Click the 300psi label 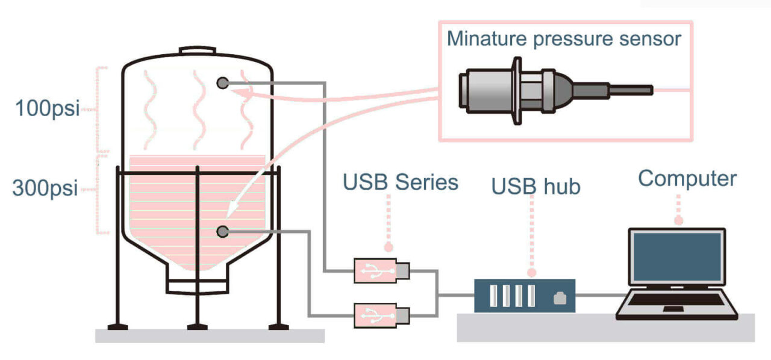[x=45, y=188]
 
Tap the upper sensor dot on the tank [x=223, y=82]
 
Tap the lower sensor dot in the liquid [x=223, y=231]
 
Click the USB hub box [x=524, y=296]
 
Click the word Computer [x=687, y=178]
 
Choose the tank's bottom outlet [x=197, y=284]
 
